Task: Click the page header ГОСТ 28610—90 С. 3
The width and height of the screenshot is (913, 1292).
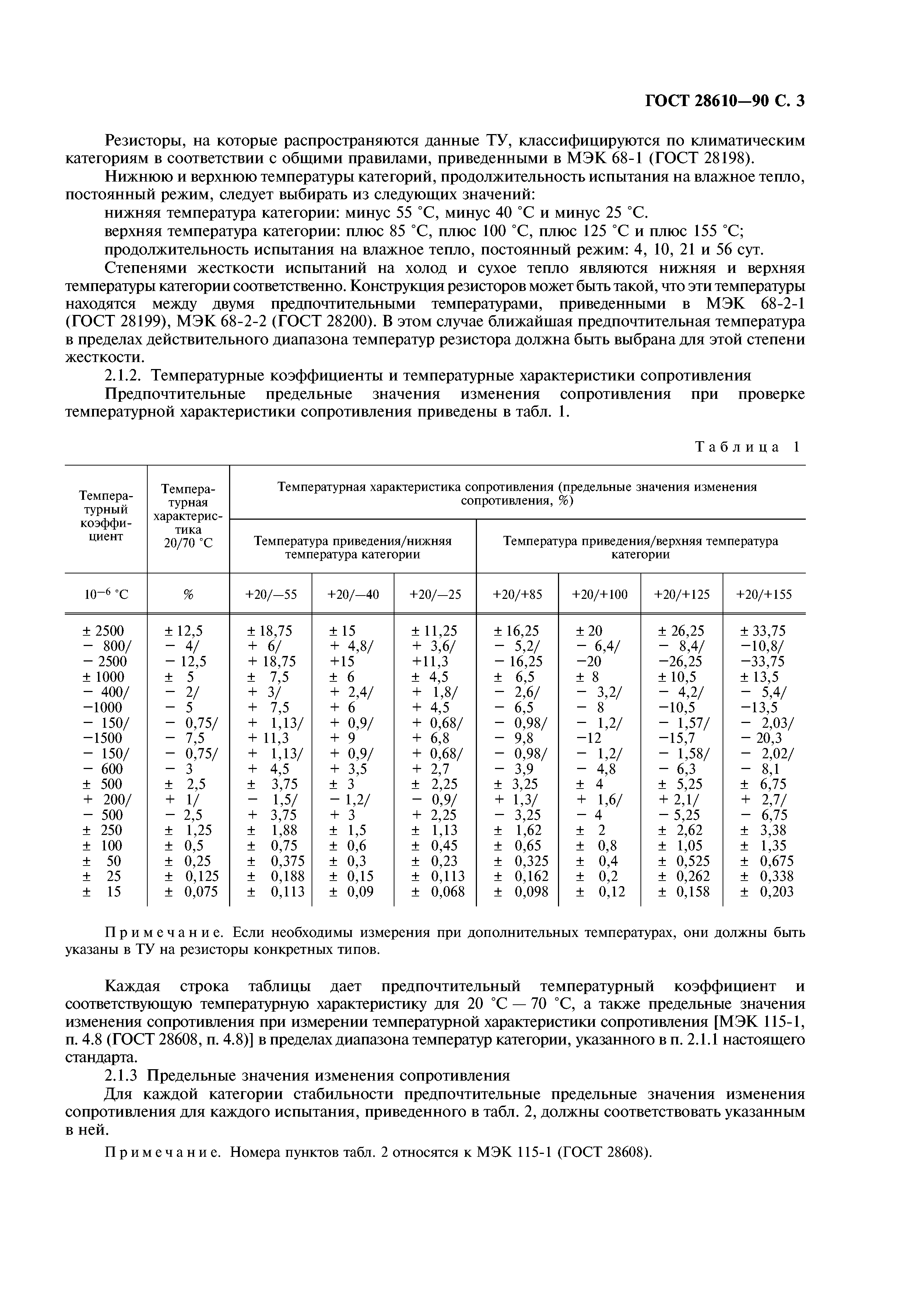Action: click(x=724, y=100)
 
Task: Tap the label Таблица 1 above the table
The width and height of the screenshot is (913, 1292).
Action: click(x=747, y=447)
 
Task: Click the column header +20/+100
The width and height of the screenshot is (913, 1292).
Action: click(x=599, y=594)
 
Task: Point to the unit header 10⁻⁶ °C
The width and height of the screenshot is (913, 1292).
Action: click(x=106, y=594)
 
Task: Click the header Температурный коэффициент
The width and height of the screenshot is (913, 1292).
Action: click(x=106, y=516)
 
